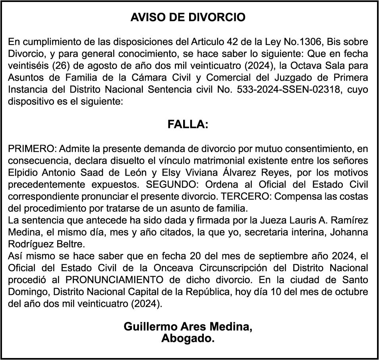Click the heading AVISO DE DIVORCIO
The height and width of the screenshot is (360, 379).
[188, 17]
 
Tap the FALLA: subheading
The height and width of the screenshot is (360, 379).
[188, 125]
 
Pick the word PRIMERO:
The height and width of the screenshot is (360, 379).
[33, 149]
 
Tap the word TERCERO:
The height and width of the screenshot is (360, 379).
[243, 197]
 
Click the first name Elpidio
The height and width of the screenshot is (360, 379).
[22, 173]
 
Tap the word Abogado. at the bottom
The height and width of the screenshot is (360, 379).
[188, 339]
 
